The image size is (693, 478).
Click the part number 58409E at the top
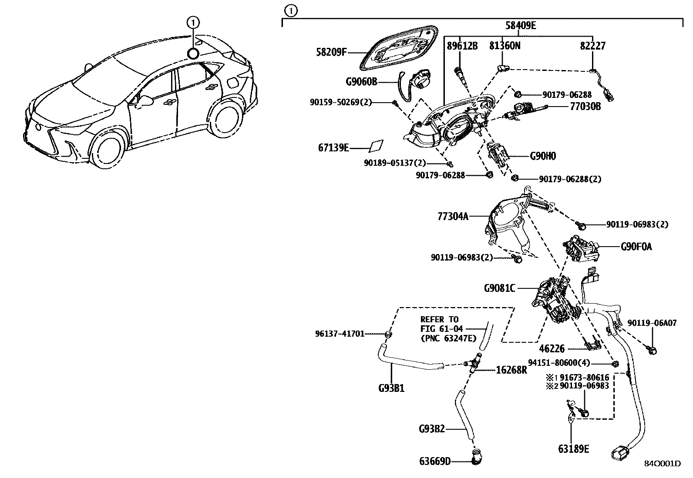[x=520, y=26]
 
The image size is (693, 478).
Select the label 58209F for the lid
[x=331, y=53]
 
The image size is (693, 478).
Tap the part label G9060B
[x=361, y=82]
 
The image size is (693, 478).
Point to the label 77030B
[x=585, y=106]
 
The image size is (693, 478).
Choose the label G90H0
[x=542, y=156]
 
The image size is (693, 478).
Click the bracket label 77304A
[x=453, y=216]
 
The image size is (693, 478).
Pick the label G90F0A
[x=636, y=247]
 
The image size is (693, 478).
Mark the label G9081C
[x=499, y=288]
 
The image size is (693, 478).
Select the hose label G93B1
[x=391, y=388]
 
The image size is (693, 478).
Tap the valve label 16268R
[x=511, y=370]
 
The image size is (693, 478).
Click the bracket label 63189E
[x=573, y=449]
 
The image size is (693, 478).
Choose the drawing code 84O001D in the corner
[x=662, y=464]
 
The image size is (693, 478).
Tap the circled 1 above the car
[x=193, y=21]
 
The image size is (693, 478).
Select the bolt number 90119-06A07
[x=652, y=323]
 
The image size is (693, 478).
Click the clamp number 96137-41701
[x=340, y=334]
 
